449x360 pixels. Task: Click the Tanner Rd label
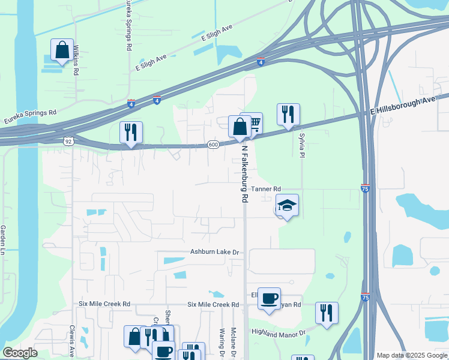tap(266, 189)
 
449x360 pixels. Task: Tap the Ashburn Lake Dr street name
tap(215, 253)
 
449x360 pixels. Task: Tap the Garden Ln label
tap(3, 239)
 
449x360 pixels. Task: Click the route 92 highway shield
tap(68, 140)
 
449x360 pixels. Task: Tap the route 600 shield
tap(213, 145)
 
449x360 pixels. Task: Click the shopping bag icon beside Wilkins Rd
tap(62, 50)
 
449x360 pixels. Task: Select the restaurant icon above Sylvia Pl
tap(288, 114)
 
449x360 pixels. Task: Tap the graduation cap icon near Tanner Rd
tap(288, 205)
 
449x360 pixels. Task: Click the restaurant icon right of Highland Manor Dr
tap(326, 313)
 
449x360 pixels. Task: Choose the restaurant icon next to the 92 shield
tap(130, 133)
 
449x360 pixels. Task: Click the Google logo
tap(20, 353)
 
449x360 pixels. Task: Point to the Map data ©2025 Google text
tap(412, 355)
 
